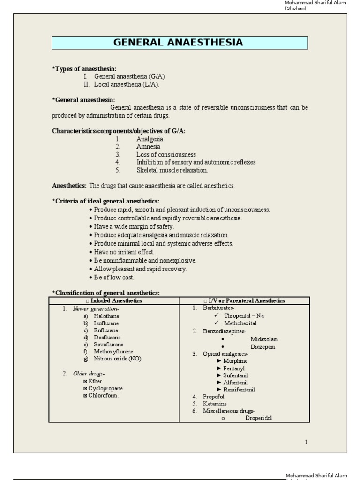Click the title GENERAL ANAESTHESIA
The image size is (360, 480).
pos(179,43)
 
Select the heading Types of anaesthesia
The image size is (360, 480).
pos(84,69)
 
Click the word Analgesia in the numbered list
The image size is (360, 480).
pos(150,139)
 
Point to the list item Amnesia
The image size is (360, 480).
pos(148,147)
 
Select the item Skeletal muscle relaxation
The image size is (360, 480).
pos(172,170)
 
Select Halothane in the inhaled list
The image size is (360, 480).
pos(106,316)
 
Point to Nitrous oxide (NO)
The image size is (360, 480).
pos(117,359)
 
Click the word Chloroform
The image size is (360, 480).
pos(104,395)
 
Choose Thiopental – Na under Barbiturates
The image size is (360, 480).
pos(244,315)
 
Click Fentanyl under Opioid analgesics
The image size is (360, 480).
pos(235,368)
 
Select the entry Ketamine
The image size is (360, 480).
pos(215,404)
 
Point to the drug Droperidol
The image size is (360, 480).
pos(258,418)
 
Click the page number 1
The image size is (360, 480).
pos(306,442)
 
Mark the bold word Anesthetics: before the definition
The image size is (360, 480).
pos(69,186)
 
